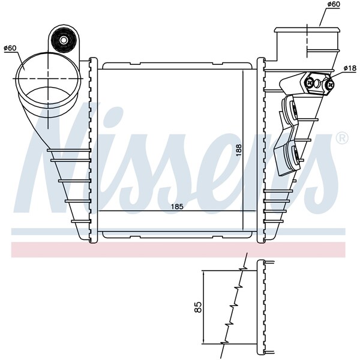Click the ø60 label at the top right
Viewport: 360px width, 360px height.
pos(334,4)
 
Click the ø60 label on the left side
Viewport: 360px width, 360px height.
pos(10,48)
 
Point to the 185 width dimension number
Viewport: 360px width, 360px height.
pos(177,206)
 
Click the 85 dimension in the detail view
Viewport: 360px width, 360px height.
pos(197,307)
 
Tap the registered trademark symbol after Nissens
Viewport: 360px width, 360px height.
pos(341,139)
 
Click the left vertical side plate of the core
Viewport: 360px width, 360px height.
pos(92,150)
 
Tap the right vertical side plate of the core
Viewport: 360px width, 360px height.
pos(261,150)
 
